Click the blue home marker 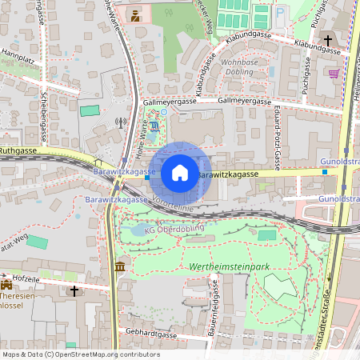point(180,173)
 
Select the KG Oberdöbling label point(174,229)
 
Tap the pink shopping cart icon point(333,73)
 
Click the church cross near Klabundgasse point(327,40)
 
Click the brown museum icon point(119,266)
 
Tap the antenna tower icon point(121,123)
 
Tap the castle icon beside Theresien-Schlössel point(7,284)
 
